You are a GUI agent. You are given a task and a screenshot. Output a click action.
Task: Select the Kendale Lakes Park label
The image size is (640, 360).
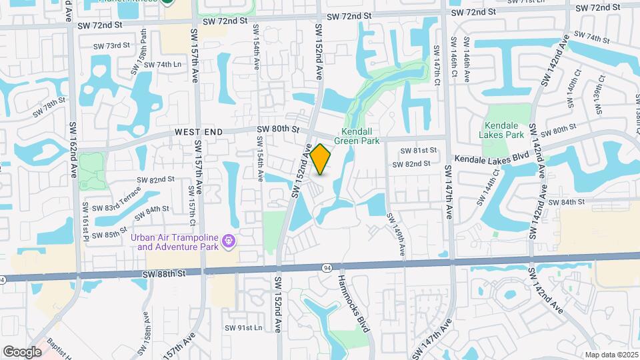tap(505, 129)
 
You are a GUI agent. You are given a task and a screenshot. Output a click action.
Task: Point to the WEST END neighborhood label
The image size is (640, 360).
tap(197, 133)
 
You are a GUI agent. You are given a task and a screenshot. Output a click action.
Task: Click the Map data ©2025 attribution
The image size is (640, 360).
tap(611, 355)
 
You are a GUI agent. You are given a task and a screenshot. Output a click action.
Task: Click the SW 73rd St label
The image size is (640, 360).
tap(111, 45)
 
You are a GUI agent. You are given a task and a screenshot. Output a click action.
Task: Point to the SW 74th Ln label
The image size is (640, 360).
tap(159, 64)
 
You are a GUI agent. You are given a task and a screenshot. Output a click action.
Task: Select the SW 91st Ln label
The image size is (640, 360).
tap(243, 327)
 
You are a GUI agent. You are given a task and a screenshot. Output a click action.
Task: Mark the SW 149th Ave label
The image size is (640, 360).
tap(395, 234)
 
